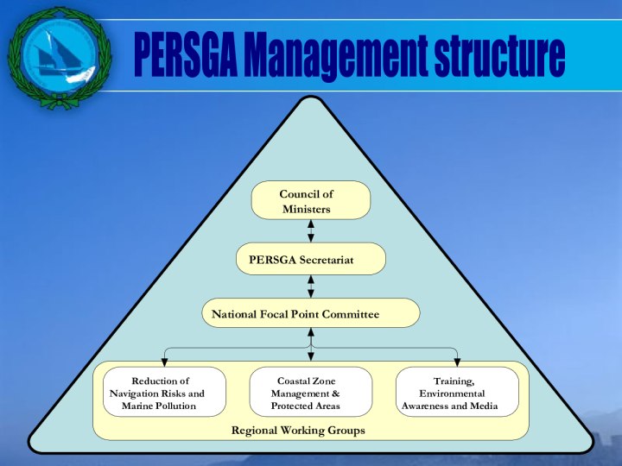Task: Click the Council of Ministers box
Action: (311, 200)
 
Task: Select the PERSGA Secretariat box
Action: (311, 259)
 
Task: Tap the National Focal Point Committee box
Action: (311, 313)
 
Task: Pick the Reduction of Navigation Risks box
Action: (164, 392)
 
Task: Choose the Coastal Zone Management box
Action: (311, 392)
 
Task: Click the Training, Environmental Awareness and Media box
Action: (458, 392)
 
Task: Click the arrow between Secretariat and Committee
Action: (311, 287)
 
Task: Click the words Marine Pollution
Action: (164, 406)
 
